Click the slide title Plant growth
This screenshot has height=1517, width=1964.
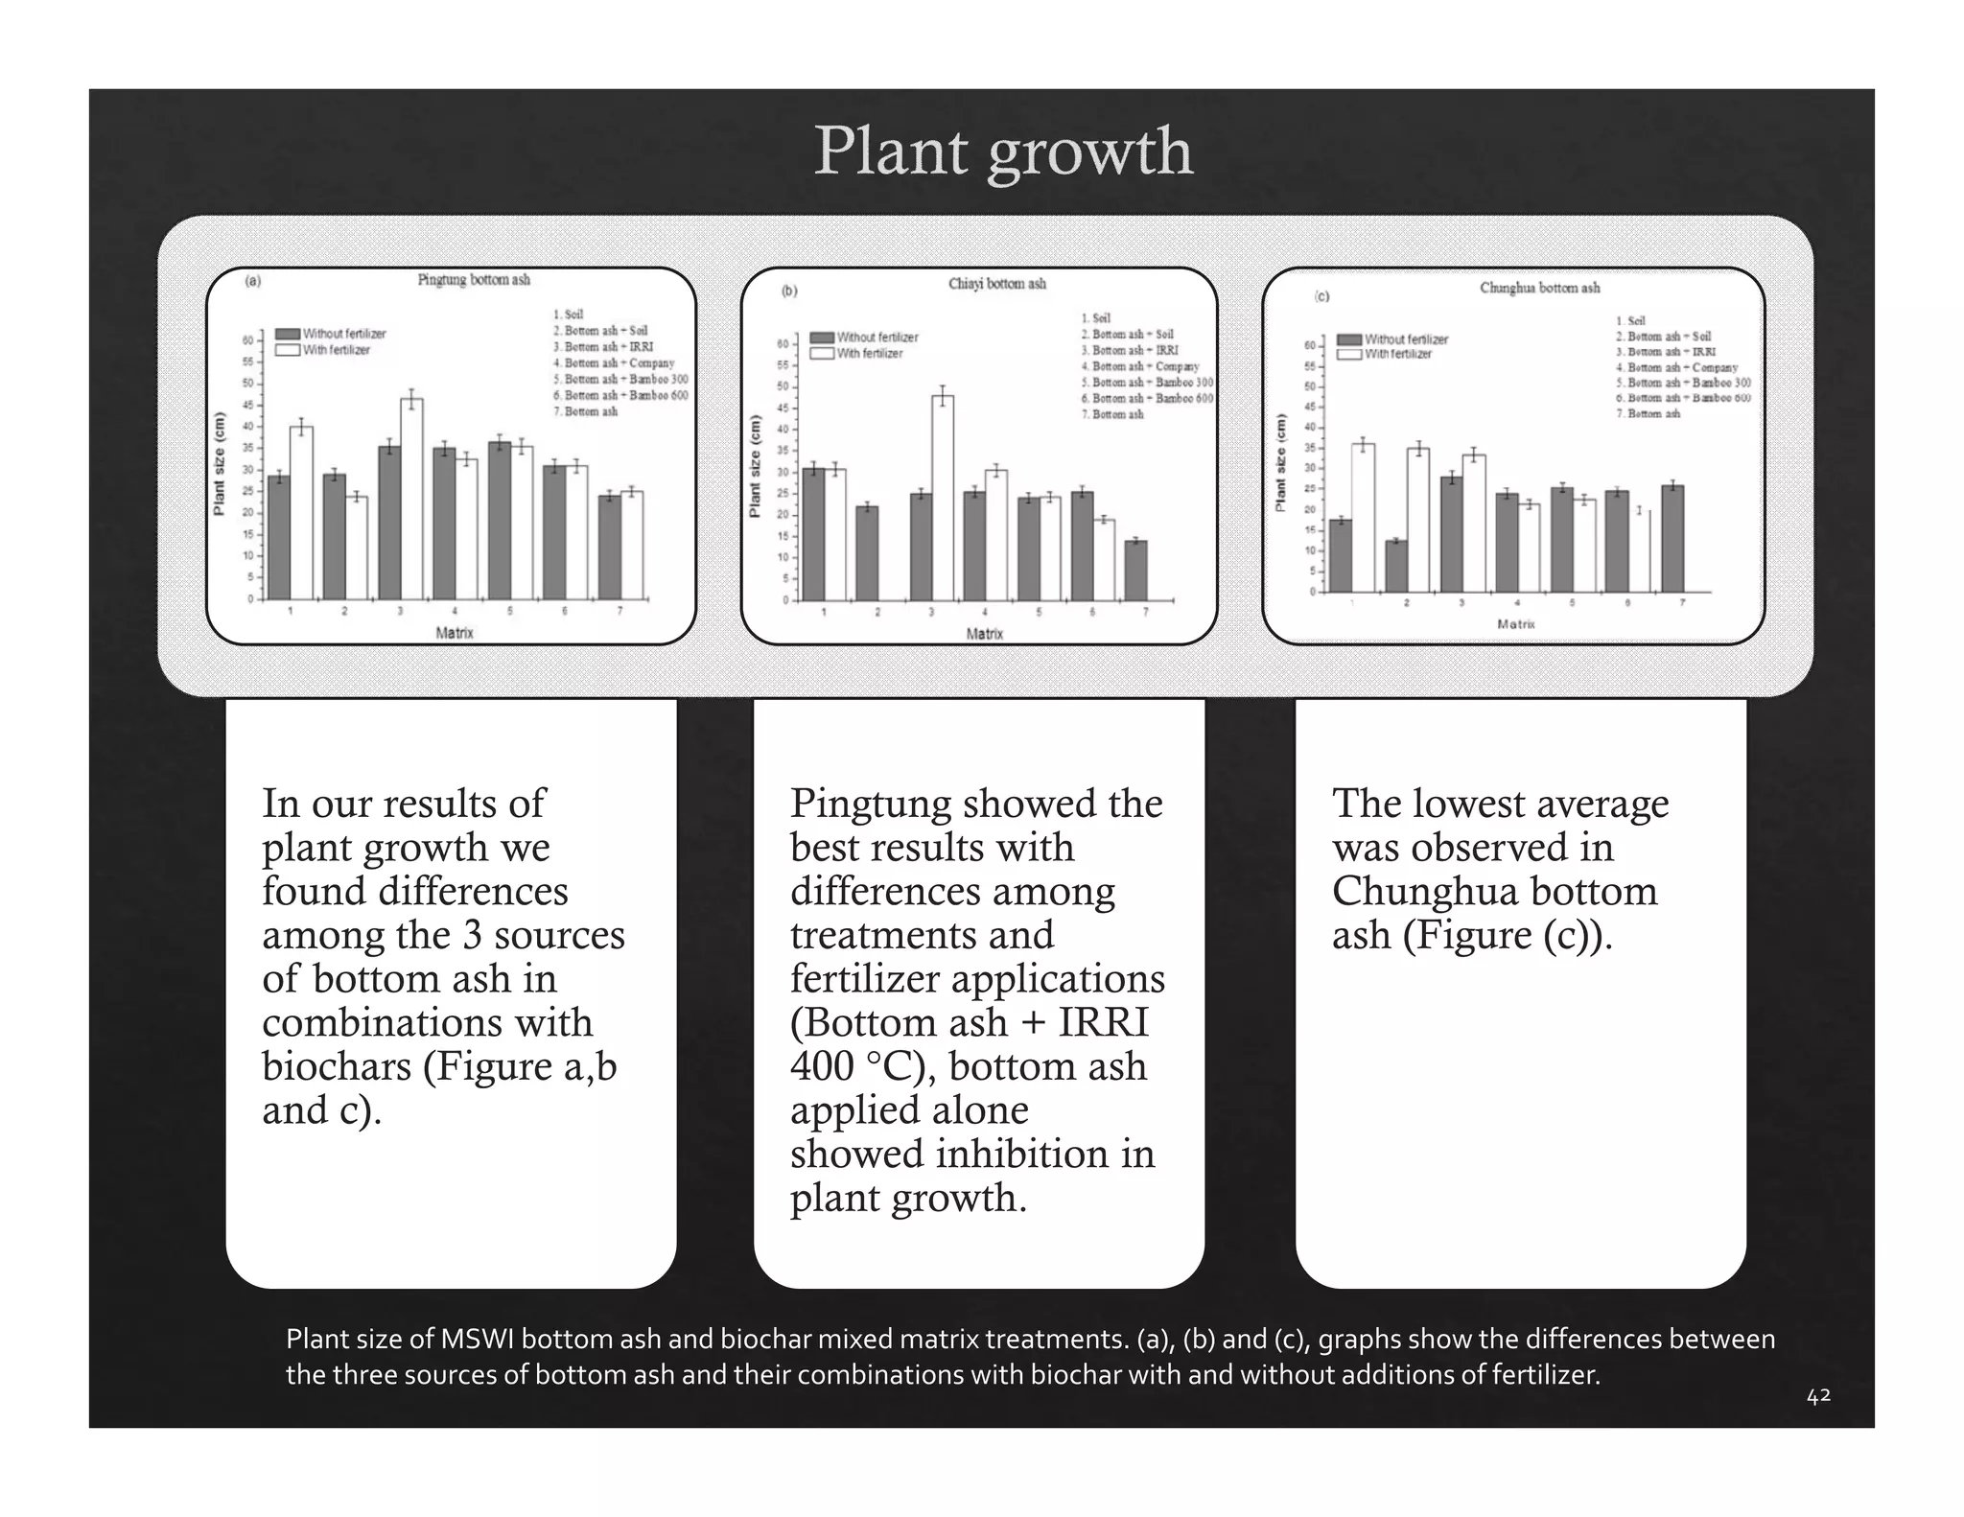pyautogui.click(x=1003, y=151)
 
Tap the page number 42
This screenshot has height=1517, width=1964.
pyautogui.click(x=1818, y=1396)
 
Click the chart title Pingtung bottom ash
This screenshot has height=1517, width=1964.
pyautogui.click(x=473, y=280)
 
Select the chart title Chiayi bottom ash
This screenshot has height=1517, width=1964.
pyautogui.click(x=997, y=284)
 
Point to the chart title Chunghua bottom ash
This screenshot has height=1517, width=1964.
pyautogui.click(x=1539, y=288)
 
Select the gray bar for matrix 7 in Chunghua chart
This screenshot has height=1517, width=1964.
pyautogui.click(x=1672, y=538)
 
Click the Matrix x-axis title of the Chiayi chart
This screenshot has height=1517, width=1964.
pyautogui.click(x=985, y=634)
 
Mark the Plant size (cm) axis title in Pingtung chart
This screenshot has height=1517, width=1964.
pyautogui.click(x=220, y=464)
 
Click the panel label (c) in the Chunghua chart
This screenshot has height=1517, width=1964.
pyautogui.click(x=1321, y=296)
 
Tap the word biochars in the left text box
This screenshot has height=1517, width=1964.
pyautogui.click(x=337, y=1066)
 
